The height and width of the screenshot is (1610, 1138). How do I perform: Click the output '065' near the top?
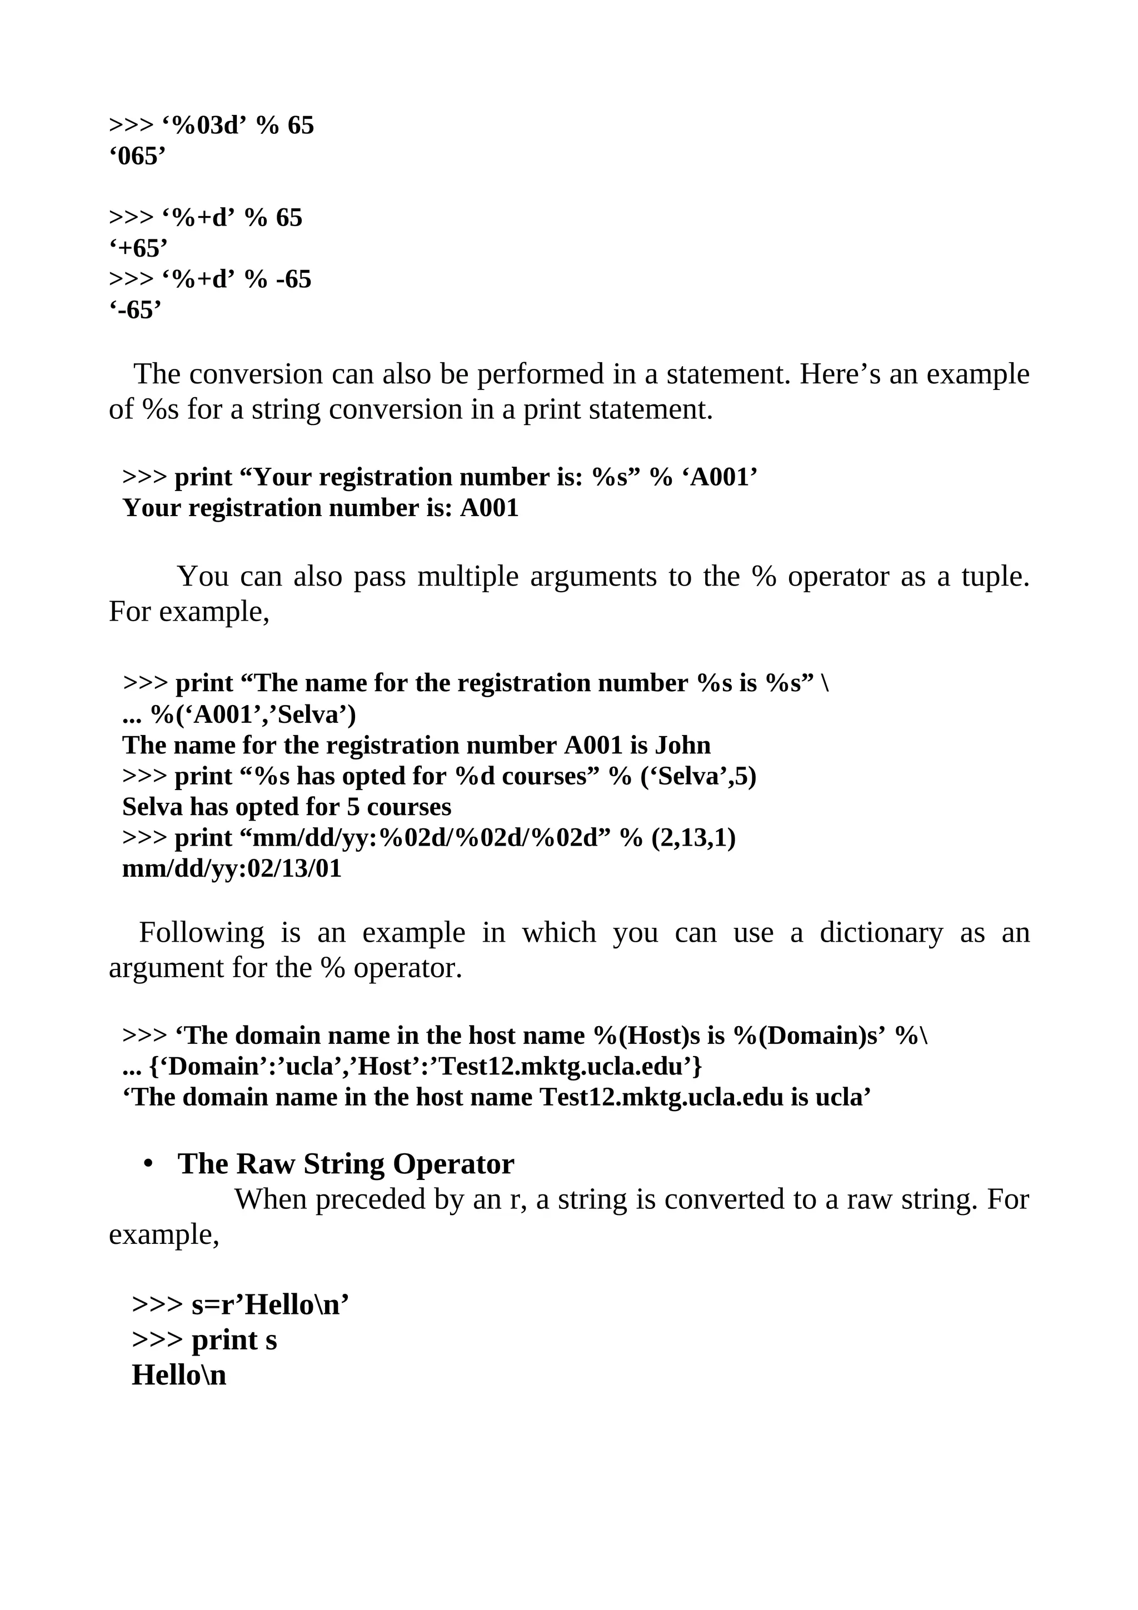(137, 156)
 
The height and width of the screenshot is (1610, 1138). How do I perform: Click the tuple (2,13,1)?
(693, 838)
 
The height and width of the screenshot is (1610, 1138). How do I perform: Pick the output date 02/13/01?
(295, 869)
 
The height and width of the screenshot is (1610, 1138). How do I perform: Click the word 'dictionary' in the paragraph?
(881, 933)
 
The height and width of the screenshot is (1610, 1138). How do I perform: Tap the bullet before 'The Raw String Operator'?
(147, 1164)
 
